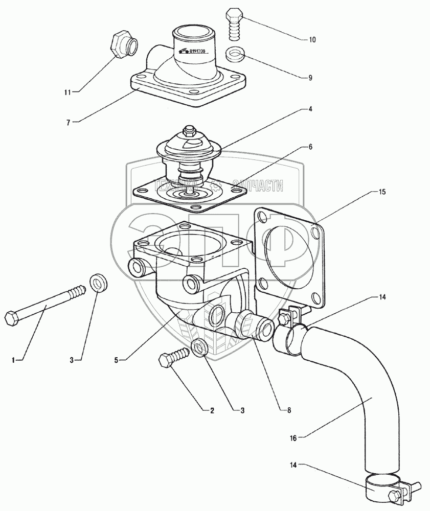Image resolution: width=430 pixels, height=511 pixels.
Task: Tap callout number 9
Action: point(310,78)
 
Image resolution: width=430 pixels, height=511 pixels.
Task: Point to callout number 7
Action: point(69,122)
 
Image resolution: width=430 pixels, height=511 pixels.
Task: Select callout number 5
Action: point(117,360)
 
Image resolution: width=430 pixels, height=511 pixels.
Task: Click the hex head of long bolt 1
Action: point(11,319)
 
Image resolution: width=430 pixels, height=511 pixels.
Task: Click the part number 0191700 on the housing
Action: point(192,51)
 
